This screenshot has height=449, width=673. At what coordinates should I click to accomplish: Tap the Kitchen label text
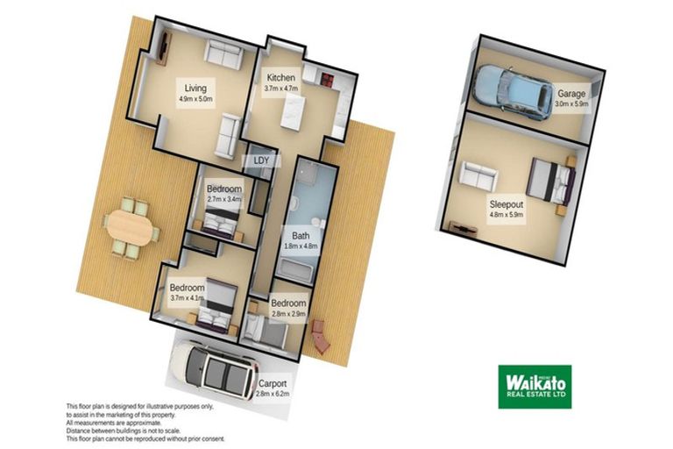281,78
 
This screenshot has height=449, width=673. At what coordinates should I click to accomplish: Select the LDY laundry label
261,160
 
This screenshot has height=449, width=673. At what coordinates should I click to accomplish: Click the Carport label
272,384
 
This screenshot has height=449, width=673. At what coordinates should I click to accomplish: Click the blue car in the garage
508,86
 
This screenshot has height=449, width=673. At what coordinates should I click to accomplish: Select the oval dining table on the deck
131,230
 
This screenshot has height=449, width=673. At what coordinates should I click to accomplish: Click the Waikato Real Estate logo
535,386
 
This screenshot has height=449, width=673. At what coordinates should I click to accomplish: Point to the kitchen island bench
290,110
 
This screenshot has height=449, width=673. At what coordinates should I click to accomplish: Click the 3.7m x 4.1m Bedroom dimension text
187,298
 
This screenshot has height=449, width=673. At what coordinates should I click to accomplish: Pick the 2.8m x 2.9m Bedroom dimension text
287,313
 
